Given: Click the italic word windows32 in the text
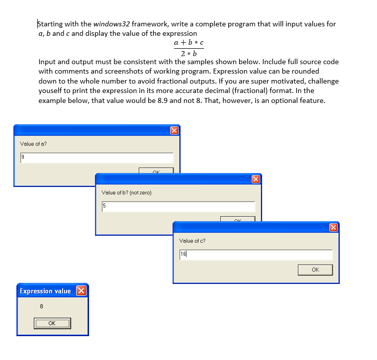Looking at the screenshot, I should click(111, 24).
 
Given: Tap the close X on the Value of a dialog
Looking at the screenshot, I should click(174, 130).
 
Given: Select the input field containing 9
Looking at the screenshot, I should click(96, 158).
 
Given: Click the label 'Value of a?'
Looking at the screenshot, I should click(33, 144).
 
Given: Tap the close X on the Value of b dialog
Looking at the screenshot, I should click(256, 179).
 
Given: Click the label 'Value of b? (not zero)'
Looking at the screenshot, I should click(126, 192).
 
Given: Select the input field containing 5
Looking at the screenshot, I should click(178, 206).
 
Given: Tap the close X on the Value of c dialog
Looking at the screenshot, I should click(333, 227).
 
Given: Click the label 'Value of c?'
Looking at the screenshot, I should click(192, 241).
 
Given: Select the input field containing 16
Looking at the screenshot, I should click(256, 255).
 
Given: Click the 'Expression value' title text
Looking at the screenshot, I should click(45, 291).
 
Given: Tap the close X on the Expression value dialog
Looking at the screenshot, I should click(81, 291).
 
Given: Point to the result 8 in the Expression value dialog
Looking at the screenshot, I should click(41, 306).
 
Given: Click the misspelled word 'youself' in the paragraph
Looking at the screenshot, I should click(52, 91).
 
